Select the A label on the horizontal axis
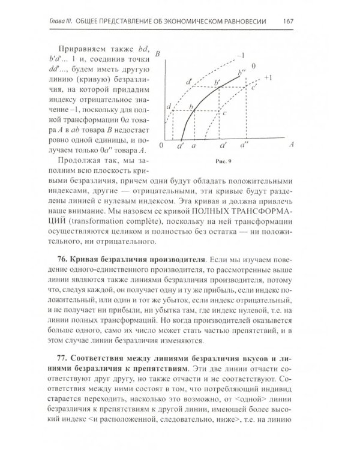(x=290, y=145)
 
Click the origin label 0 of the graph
(x=161, y=146)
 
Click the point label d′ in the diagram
(x=189, y=80)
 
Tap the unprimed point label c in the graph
(x=224, y=112)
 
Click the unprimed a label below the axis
(x=193, y=146)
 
